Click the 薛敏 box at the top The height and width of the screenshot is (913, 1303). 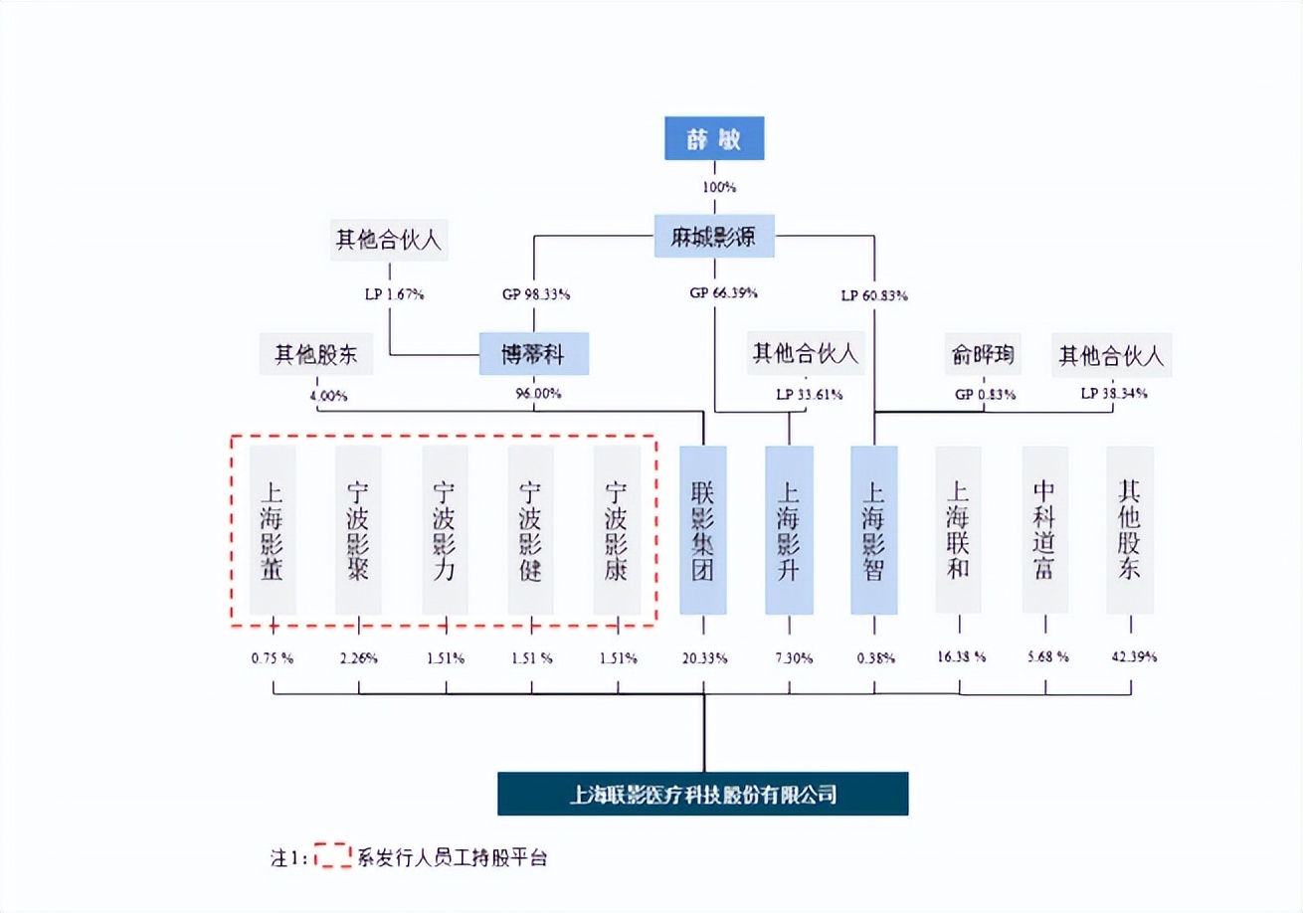(714, 139)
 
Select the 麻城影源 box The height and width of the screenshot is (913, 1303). (714, 236)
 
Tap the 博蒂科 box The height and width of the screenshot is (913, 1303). (534, 353)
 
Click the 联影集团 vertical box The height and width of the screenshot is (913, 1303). (703, 529)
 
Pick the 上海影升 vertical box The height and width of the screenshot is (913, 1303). (789, 529)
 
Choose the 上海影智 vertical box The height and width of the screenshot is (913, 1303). (874, 529)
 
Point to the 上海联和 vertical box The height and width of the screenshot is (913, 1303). (959, 529)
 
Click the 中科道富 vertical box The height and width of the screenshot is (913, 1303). (1044, 529)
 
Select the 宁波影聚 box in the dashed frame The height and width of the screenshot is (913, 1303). (358, 529)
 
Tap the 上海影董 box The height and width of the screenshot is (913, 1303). (273, 529)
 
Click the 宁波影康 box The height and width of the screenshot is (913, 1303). (617, 529)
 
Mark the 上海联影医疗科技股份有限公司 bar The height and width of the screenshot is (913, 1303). (702, 794)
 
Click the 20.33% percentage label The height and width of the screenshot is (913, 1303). (703, 657)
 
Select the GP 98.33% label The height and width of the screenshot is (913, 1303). (535, 294)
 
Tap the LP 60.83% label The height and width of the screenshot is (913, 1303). (874, 294)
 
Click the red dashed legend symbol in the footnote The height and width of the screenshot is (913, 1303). (332, 856)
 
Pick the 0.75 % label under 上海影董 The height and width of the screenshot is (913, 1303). (273, 657)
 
